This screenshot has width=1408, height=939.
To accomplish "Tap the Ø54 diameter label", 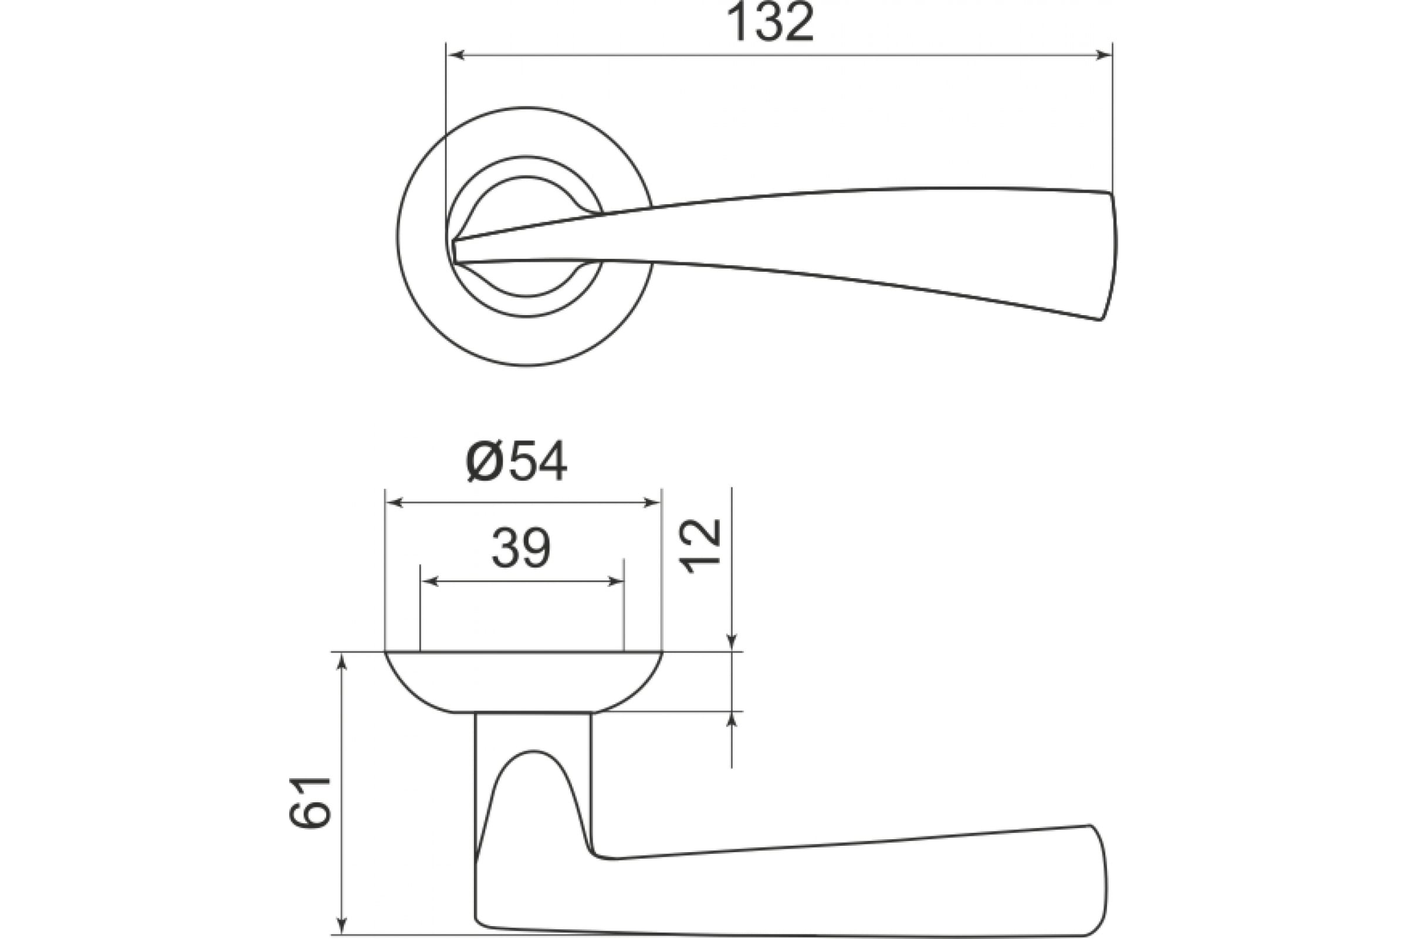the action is [516, 464].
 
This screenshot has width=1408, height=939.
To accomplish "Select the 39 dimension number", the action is [521, 549].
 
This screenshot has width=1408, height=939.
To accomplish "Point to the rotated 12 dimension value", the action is [703, 546].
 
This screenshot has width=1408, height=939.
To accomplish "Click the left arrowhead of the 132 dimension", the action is [457, 56].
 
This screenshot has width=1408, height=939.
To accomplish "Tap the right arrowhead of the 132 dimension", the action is [1103, 56].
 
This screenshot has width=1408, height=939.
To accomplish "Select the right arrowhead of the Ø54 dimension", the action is [651, 502].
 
